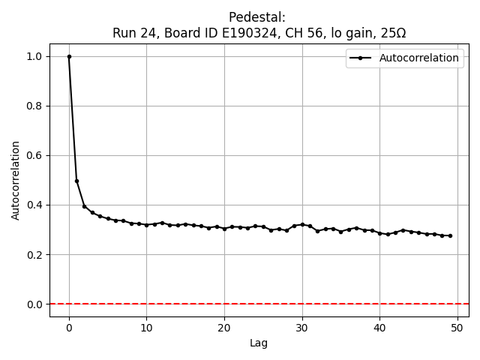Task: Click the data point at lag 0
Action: click(x=69, y=56)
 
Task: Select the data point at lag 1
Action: click(x=76, y=181)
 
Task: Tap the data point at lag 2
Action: click(x=85, y=206)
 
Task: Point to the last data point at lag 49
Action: click(x=450, y=235)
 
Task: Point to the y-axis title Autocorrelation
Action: click(x=16, y=180)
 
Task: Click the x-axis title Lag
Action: click(x=259, y=343)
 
